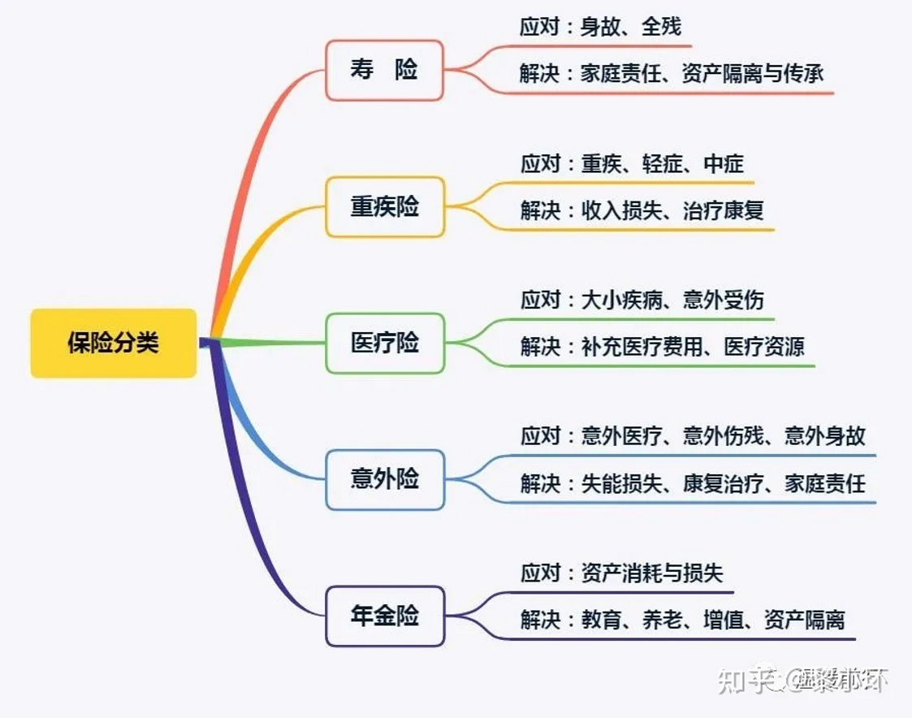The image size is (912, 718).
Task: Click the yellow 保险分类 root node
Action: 113,344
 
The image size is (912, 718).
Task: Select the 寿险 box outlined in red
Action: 384,71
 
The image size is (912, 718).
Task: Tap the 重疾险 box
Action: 385,207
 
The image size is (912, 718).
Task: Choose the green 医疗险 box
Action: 385,344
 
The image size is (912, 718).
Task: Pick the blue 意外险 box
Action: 385,479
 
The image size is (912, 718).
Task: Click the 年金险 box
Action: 385,616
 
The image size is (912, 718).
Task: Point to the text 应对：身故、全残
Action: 600,28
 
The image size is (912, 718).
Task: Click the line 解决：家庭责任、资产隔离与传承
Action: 672,75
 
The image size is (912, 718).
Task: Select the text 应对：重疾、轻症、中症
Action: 632,164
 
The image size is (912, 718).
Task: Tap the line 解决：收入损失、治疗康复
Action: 642,211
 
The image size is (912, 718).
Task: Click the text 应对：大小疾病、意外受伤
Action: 642,301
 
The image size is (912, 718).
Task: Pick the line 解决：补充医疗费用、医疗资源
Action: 662,347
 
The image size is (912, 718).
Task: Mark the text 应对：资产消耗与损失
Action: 621,573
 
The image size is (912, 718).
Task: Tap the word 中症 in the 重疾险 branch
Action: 724,164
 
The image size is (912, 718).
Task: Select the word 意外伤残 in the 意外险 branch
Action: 723,437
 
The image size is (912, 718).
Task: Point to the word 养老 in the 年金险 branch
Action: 662,621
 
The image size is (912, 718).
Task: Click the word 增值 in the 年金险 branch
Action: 724,621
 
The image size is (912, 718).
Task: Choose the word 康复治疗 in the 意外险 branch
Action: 723,484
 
